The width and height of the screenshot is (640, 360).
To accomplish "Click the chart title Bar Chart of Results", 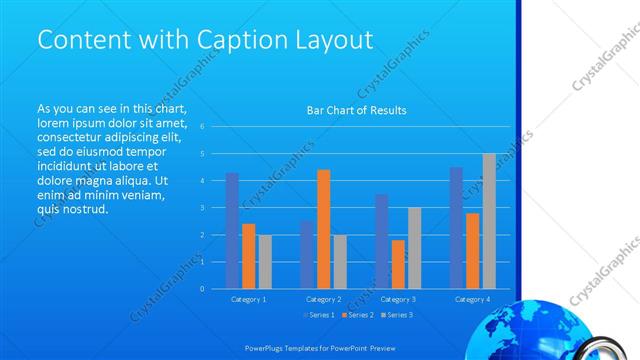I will coord(356,111).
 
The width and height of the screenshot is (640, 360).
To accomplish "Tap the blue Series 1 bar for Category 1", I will coord(232,231).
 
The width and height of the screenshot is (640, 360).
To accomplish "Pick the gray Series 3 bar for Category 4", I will coord(488,221).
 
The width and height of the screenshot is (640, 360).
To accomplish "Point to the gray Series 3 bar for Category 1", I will coord(264,262).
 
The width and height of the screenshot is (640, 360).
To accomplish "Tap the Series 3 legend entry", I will coord(397,316).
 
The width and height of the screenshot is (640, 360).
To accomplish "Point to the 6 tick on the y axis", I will coord(202,127).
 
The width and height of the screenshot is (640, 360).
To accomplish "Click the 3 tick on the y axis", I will coord(202,208).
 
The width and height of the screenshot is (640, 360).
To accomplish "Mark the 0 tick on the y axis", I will coord(202,289).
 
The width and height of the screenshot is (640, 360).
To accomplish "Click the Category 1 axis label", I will coord(248,299).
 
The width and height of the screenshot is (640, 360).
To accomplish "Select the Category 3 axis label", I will coord(398,299).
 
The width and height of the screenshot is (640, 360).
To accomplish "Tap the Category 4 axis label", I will coord(472,299).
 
